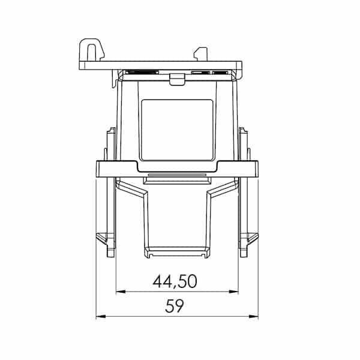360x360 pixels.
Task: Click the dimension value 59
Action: point(175,307)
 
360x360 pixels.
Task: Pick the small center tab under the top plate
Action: point(176,78)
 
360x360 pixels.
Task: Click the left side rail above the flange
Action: point(110,144)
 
